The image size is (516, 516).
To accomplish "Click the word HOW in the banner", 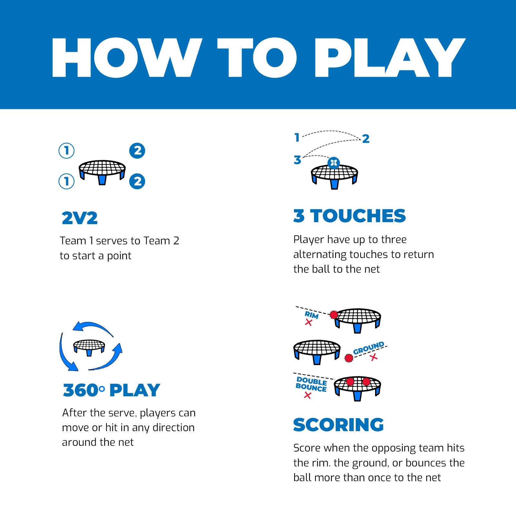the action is coord(127,58).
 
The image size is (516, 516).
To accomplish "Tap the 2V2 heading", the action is coord(79,218).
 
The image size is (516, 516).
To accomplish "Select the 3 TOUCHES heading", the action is coord(349,215).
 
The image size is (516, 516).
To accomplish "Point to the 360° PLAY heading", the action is coord(111,390).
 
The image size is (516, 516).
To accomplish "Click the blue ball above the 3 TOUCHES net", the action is coord(333,163).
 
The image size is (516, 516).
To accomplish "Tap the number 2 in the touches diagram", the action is coord(365,139).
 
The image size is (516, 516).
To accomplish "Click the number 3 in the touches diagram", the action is coord(297,160).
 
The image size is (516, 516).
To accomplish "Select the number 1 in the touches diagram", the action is coord(297,138).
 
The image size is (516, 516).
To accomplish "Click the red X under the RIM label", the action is coord(308,322).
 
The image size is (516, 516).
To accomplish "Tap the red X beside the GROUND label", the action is coord(374,357).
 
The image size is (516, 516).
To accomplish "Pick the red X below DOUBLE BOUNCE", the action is coord(307,395).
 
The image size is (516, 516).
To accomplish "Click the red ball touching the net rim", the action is coord(334,314).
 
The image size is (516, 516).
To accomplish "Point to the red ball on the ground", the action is coord(349,358).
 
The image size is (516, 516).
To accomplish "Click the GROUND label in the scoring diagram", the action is coord(369,348).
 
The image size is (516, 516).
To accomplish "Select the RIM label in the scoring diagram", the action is coord(312,315).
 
